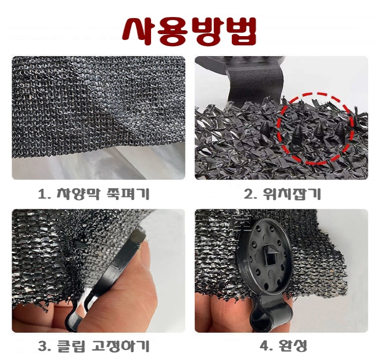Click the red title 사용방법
pyautogui.click(x=190, y=31)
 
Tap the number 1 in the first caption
pyautogui.click(x=42, y=195)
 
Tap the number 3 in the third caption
pyautogui.click(x=42, y=347)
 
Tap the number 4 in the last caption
pyautogui.click(x=264, y=346)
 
